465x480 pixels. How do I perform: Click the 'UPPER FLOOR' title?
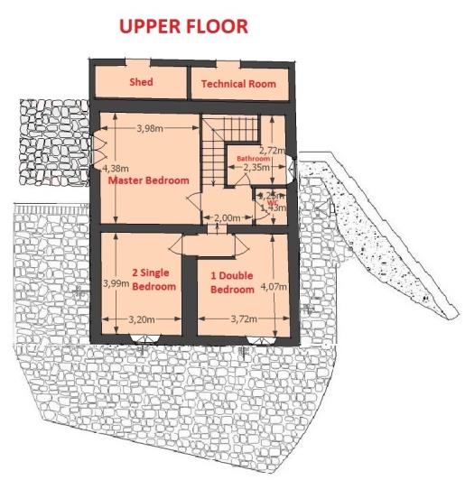point(183,27)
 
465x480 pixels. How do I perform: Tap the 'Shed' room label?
point(140,82)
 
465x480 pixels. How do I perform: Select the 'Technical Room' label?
point(237,84)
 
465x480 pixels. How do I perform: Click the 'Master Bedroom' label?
point(149,180)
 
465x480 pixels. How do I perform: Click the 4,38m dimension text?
point(116,168)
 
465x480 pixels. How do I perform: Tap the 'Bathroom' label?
point(254,158)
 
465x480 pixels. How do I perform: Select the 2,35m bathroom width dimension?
point(257,167)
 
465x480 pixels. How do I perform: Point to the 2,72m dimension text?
point(272,150)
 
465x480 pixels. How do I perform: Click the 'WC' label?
point(272,203)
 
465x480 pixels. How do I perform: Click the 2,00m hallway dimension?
point(226,217)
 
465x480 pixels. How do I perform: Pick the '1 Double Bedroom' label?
point(232,283)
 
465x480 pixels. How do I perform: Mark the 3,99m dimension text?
point(116,283)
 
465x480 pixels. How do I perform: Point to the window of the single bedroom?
point(143,339)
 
